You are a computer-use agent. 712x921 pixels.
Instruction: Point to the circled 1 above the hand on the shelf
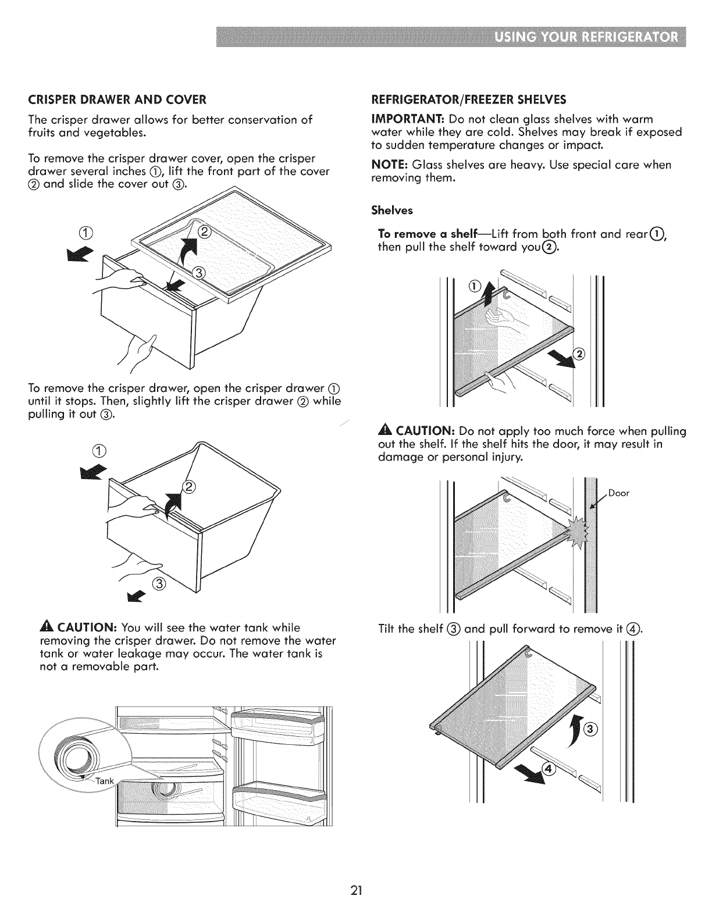point(473,285)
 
